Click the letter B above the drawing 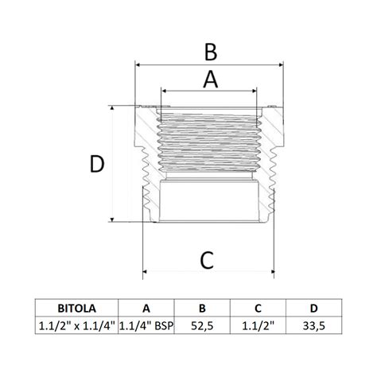pyautogui.click(x=211, y=52)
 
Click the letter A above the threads pyautogui.click(x=211, y=80)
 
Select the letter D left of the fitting pyautogui.click(x=97, y=164)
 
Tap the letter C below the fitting pyautogui.click(x=207, y=260)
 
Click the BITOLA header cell pyautogui.click(x=77, y=309)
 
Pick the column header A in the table pyautogui.click(x=146, y=309)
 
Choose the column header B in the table pyautogui.click(x=202, y=309)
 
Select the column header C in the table pyautogui.click(x=258, y=309)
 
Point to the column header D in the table pyautogui.click(x=314, y=309)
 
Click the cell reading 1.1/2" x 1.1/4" pyautogui.click(x=77, y=326)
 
